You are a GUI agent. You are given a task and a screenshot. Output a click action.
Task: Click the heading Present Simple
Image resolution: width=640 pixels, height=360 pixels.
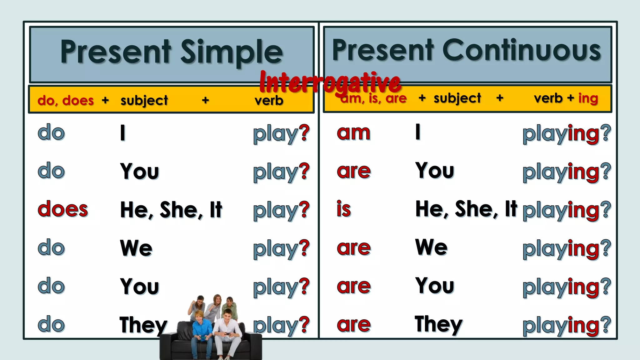click(172, 52)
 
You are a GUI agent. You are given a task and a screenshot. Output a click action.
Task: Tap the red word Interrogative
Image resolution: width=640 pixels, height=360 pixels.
click(330, 82)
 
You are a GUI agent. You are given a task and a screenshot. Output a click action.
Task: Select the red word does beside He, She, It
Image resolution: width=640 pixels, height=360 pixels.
click(63, 209)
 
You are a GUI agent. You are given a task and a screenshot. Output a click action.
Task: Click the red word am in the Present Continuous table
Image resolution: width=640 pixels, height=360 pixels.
click(353, 132)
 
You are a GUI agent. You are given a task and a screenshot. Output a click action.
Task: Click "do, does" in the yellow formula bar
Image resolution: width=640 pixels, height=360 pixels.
click(66, 100)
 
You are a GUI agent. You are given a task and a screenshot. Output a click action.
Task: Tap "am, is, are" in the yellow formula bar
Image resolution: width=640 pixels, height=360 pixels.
click(374, 99)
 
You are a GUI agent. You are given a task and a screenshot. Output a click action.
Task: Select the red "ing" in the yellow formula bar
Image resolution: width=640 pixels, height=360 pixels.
click(588, 98)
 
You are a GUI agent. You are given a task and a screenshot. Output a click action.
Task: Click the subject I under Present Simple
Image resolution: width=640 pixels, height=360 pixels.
click(123, 133)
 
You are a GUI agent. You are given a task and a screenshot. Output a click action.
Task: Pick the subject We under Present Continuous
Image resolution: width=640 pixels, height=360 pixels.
click(431, 247)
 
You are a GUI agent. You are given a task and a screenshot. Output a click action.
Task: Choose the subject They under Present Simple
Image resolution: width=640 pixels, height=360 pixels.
click(143, 325)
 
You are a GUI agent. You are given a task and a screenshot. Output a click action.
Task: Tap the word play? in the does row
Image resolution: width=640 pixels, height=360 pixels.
click(281, 210)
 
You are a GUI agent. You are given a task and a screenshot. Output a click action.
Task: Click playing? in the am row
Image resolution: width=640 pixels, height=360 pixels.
click(567, 133)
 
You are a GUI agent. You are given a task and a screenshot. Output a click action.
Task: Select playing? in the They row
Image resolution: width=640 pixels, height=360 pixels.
click(567, 325)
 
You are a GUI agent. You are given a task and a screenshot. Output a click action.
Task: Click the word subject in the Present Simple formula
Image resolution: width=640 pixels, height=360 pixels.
click(144, 101)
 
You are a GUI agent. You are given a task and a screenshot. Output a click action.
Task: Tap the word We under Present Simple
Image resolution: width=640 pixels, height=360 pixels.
click(136, 248)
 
